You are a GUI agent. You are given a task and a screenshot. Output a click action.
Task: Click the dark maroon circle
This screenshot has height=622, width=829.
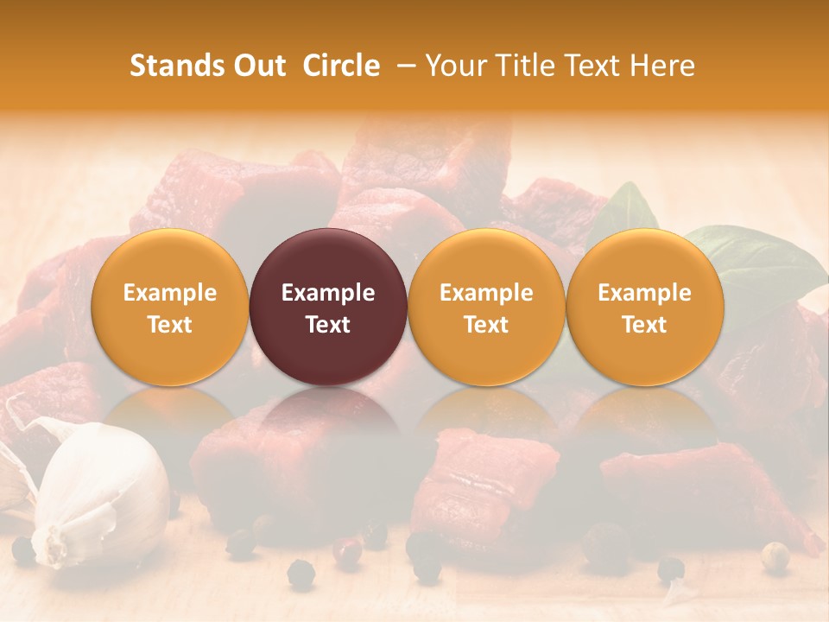click(x=328, y=307)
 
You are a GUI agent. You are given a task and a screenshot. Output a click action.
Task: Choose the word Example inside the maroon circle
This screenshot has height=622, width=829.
click(x=328, y=293)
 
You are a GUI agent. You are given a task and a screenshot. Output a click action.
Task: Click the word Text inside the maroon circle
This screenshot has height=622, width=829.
click(x=328, y=325)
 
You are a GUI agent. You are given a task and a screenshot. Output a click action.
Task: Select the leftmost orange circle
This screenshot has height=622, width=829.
click(x=169, y=307)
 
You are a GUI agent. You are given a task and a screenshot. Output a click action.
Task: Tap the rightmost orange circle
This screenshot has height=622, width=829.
click(x=644, y=307)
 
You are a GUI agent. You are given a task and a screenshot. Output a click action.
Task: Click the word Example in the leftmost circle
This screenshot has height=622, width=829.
click(x=169, y=293)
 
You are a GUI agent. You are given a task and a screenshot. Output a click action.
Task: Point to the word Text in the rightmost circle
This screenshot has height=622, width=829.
click(x=644, y=325)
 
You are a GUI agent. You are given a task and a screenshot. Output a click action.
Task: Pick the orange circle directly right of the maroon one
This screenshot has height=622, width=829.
click(x=486, y=307)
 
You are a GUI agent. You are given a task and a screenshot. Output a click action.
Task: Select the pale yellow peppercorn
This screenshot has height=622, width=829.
click(x=776, y=555)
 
